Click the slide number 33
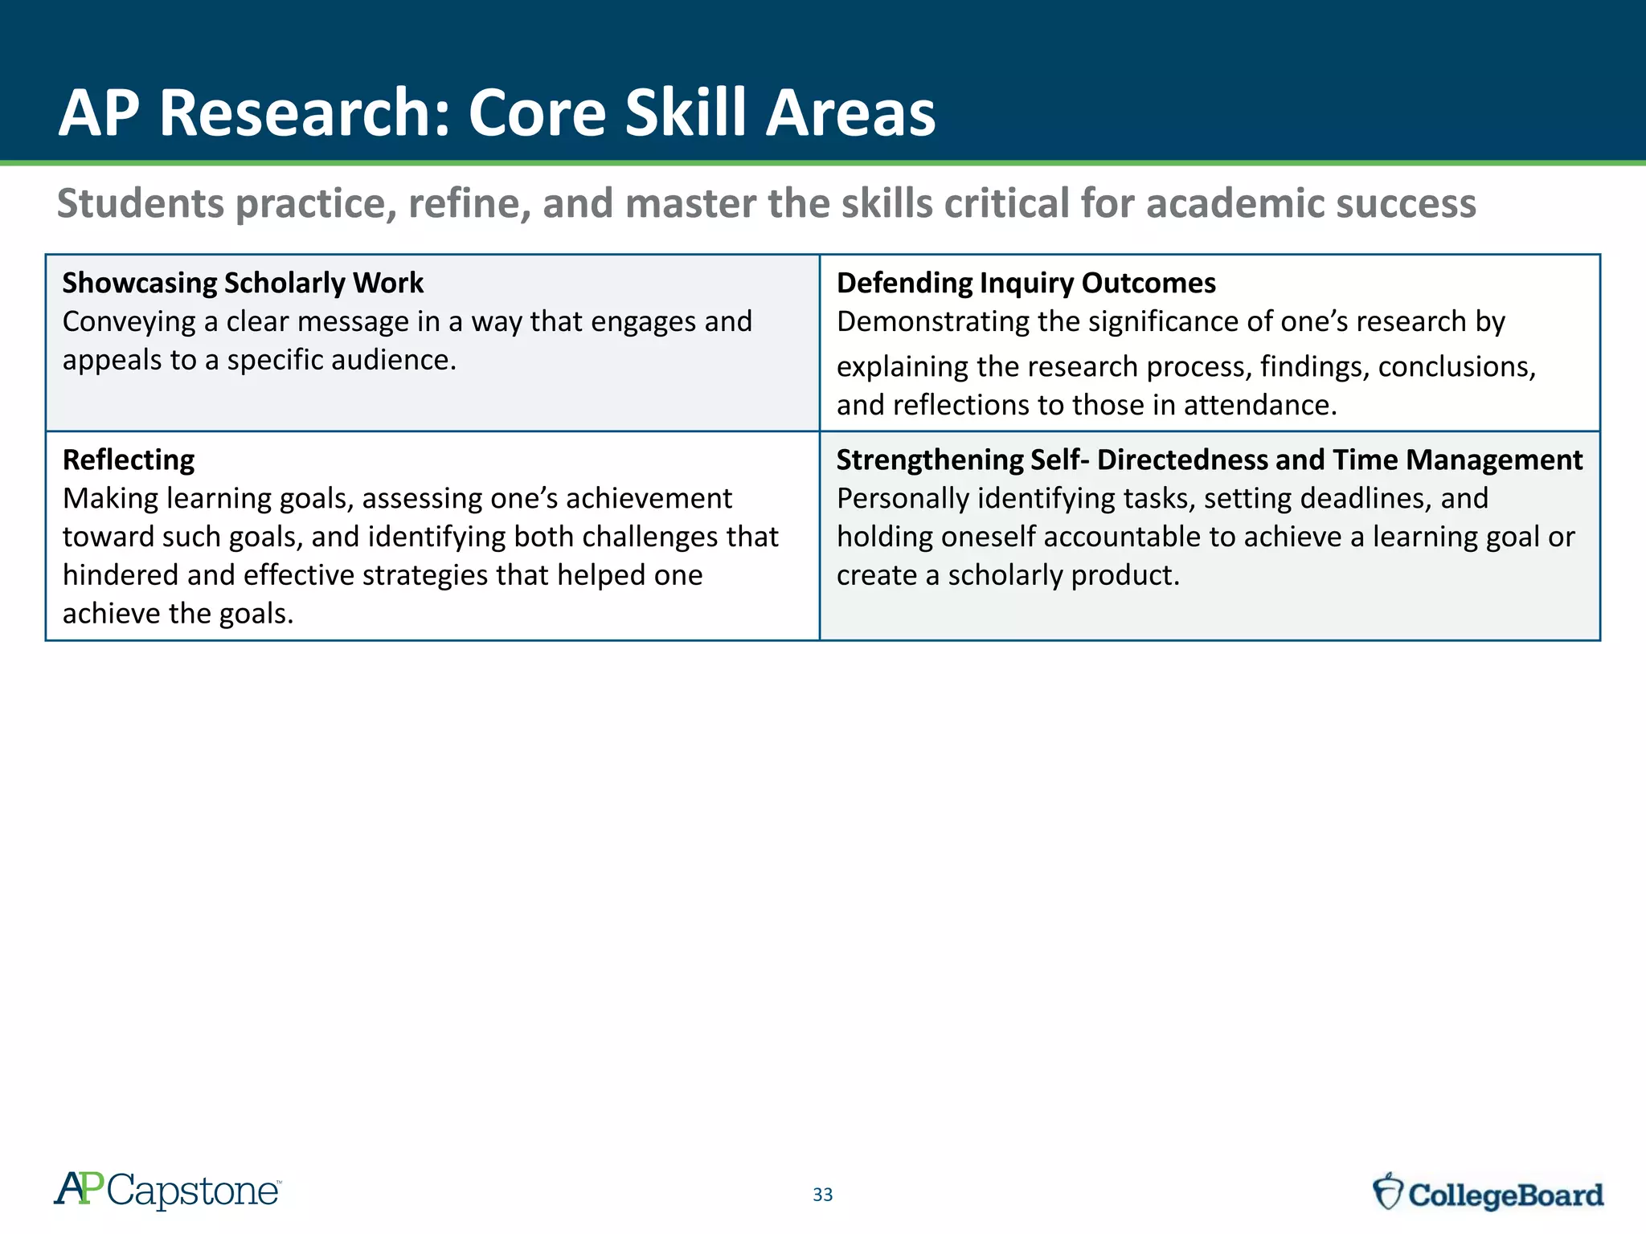tap(822, 1195)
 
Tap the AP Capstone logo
tap(167, 1190)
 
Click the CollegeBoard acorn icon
tap(1387, 1191)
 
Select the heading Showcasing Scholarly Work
tap(243, 283)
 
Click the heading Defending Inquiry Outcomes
tap(1026, 283)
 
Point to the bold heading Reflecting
tap(129, 460)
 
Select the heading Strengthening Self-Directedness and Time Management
tap(1209, 460)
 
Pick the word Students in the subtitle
tap(140, 203)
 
